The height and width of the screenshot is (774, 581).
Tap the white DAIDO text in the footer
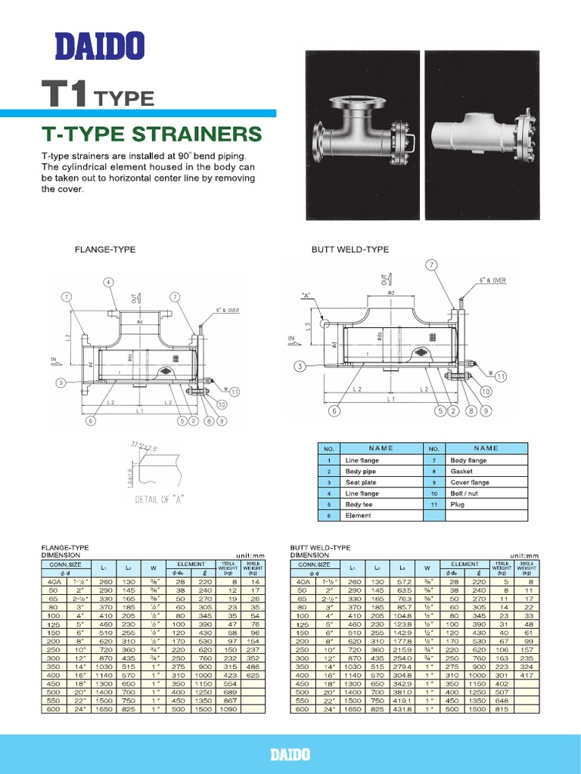290,755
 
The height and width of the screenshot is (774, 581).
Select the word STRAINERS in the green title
198,135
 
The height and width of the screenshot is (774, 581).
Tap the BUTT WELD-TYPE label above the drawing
340,249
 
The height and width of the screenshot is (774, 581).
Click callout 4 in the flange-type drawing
109,282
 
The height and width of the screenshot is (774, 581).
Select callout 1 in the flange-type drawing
68,296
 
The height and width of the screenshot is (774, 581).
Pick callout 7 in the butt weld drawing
432,265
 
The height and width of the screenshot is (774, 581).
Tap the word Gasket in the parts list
461,471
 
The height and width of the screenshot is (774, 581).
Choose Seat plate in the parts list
360,482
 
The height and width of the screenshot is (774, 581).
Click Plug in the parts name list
457,504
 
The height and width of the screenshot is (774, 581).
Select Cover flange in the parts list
470,482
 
